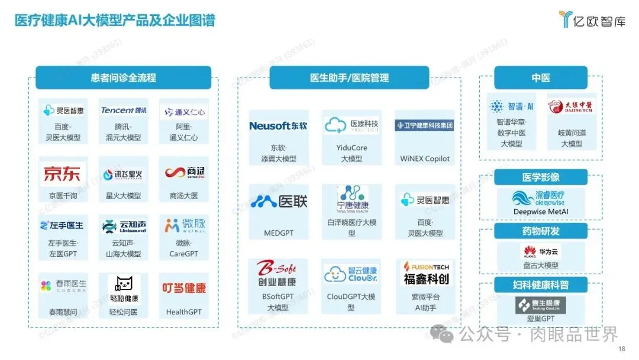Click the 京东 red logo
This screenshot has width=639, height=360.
point(63,174)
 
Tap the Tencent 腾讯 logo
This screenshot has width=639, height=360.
point(124,111)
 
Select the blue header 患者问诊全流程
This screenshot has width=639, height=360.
point(123,78)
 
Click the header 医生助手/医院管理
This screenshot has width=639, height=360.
point(349,78)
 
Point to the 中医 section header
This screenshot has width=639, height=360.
point(540,78)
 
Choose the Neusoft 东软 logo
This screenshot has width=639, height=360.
point(278,126)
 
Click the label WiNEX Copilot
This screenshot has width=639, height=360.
point(425,159)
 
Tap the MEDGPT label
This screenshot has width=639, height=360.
point(278,233)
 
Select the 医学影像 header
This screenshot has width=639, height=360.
point(540,177)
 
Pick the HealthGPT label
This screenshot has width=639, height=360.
point(183,312)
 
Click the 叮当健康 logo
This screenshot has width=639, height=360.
point(184,288)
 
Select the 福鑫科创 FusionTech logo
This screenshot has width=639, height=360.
point(425,274)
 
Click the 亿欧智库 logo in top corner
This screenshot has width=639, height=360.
point(592,19)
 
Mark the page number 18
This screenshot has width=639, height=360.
point(621,349)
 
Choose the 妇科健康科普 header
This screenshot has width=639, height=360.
point(540,285)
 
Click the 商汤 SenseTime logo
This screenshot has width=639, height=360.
point(184,173)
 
